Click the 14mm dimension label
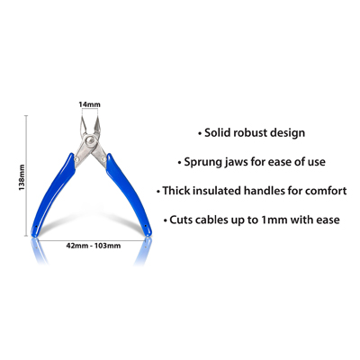point(89,104)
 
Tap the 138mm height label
point(22,177)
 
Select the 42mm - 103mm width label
point(94,246)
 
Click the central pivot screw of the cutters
point(90,139)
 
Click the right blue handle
point(130,196)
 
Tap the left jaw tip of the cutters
point(82,118)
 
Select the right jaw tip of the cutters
point(97,118)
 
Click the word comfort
point(326,191)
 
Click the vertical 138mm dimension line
point(26,175)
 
